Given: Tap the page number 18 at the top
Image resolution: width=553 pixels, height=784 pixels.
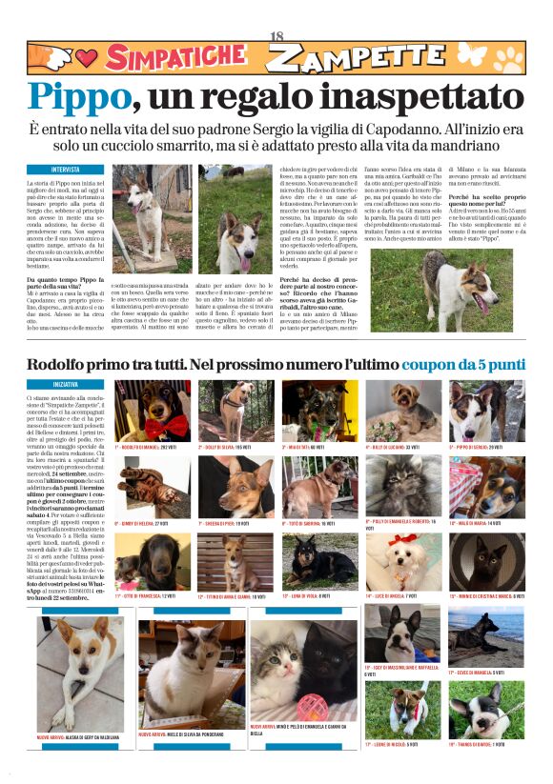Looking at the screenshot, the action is [277, 36].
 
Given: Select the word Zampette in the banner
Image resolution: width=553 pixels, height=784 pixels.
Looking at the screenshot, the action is [343, 59].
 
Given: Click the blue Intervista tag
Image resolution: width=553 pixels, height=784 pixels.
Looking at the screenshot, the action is [66, 170].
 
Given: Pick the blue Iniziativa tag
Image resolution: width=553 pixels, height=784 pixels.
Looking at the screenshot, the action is [66, 384].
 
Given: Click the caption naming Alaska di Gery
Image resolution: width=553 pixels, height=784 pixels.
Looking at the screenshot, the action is [78, 737].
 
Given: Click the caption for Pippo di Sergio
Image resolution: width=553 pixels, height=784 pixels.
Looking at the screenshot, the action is [483, 446].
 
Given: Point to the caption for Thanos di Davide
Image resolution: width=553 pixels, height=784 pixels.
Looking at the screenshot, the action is [482, 743].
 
